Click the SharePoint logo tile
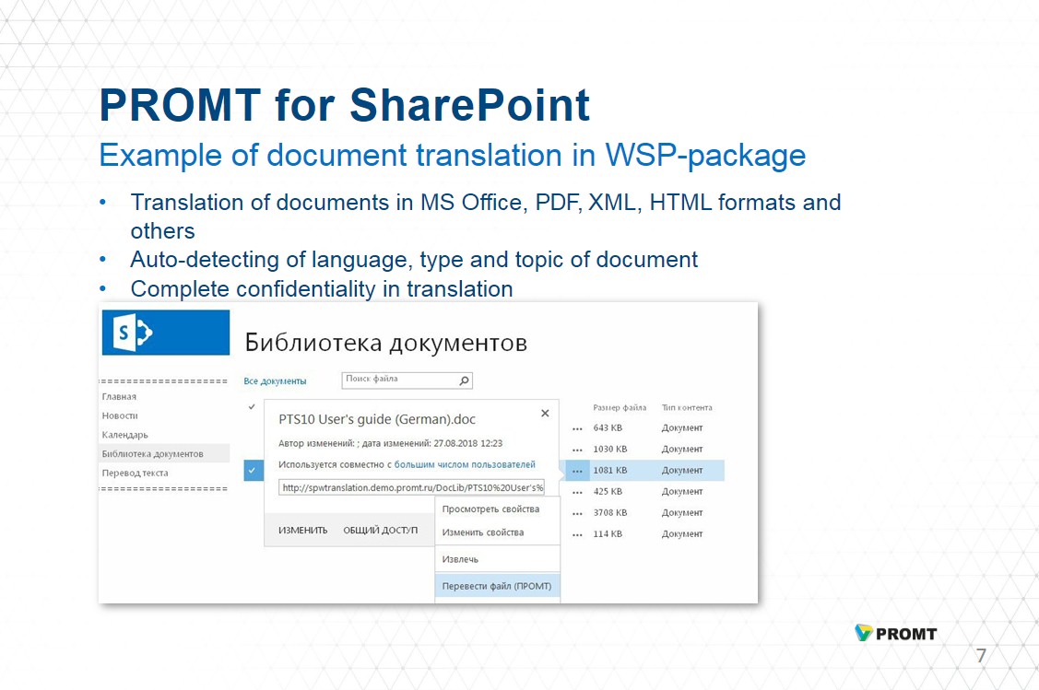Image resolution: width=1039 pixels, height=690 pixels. click(x=166, y=333)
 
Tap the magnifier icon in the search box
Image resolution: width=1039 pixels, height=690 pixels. click(x=464, y=380)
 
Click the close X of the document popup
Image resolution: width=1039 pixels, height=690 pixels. click(x=545, y=414)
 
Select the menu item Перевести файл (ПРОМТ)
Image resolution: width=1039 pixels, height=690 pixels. click(x=497, y=586)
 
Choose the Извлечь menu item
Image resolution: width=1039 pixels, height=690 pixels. click(x=460, y=559)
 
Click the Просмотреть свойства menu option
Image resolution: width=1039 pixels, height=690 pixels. click(x=490, y=509)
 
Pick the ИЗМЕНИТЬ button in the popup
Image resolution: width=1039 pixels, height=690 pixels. click(x=302, y=531)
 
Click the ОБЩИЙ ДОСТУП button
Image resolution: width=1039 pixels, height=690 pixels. click(x=381, y=531)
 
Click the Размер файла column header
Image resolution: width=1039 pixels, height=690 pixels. click(x=620, y=408)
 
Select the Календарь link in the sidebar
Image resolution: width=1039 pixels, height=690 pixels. click(x=124, y=435)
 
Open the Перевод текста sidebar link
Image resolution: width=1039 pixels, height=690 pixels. click(x=136, y=473)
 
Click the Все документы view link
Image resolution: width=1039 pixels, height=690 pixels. click(x=275, y=381)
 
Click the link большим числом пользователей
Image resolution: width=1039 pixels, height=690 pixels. click(x=465, y=465)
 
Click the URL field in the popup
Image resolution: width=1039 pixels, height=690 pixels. click(x=411, y=487)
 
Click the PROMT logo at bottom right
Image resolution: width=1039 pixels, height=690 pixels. click(x=896, y=633)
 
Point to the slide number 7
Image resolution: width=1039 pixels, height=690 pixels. click(x=981, y=656)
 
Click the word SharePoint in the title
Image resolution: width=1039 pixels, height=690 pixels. click(x=469, y=105)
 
